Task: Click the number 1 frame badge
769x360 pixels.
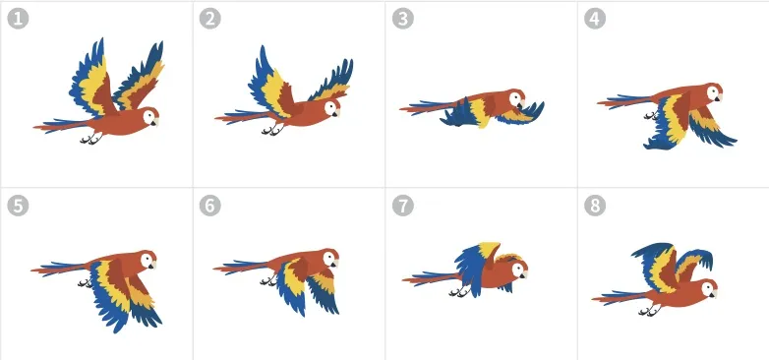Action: (x=18, y=19)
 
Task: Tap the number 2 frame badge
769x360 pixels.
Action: (x=209, y=19)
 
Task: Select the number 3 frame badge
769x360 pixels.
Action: (x=402, y=19)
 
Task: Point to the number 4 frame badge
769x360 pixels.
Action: (x=595, y=19)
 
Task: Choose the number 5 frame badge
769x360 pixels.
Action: (x=18, y=206)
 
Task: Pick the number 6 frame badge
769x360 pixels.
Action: (x=209, y=206)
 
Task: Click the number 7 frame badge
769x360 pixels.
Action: (x=402, y=206)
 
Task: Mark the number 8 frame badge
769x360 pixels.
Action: (x=595, y=206)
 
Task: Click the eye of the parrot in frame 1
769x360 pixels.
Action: (x=148, y=117)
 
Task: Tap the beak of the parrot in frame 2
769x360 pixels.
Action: (x=336, y=113)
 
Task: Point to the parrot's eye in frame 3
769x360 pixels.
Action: (x=516, y=97)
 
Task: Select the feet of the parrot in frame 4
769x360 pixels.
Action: (x=651, y=116)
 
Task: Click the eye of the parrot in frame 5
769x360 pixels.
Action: (x=147, y=260)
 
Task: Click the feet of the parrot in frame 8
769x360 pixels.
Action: (x=649, y=311)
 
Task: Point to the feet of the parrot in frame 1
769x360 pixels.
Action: (x=91, y=139)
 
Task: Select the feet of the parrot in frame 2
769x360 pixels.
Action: (x=272, y=130)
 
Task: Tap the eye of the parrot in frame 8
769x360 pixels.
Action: (x=708, y=289)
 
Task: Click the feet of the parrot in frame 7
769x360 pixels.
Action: (x=459, y=292)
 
